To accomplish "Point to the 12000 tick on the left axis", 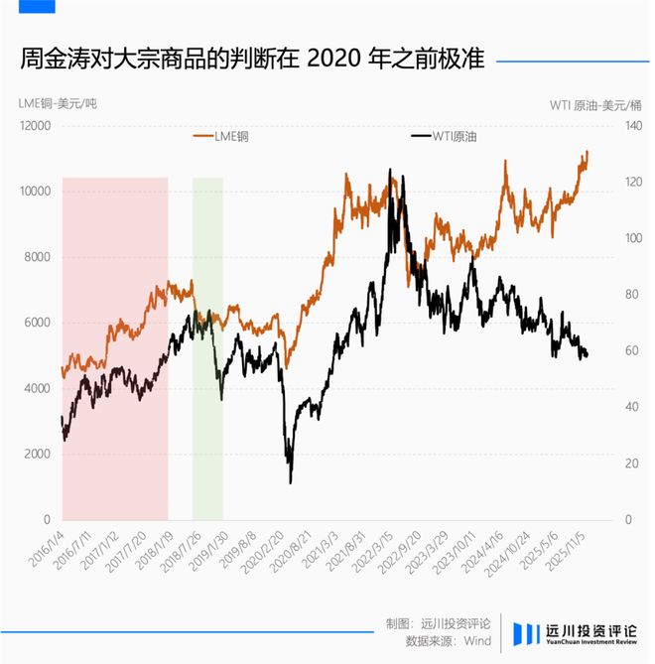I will [x=34, y=126].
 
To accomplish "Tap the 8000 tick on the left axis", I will [x=37, y=257].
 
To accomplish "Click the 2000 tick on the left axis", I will [x=37, y=454].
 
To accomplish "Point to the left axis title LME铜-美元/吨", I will [x=58, y=104].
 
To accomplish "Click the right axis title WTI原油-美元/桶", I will [x=595, y=104].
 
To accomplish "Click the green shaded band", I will [x=207, y=347].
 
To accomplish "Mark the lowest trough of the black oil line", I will [x=291, y=482].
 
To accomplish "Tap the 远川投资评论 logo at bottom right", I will [x=578, y=632].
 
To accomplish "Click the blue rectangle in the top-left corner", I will [x=28, y=6].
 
